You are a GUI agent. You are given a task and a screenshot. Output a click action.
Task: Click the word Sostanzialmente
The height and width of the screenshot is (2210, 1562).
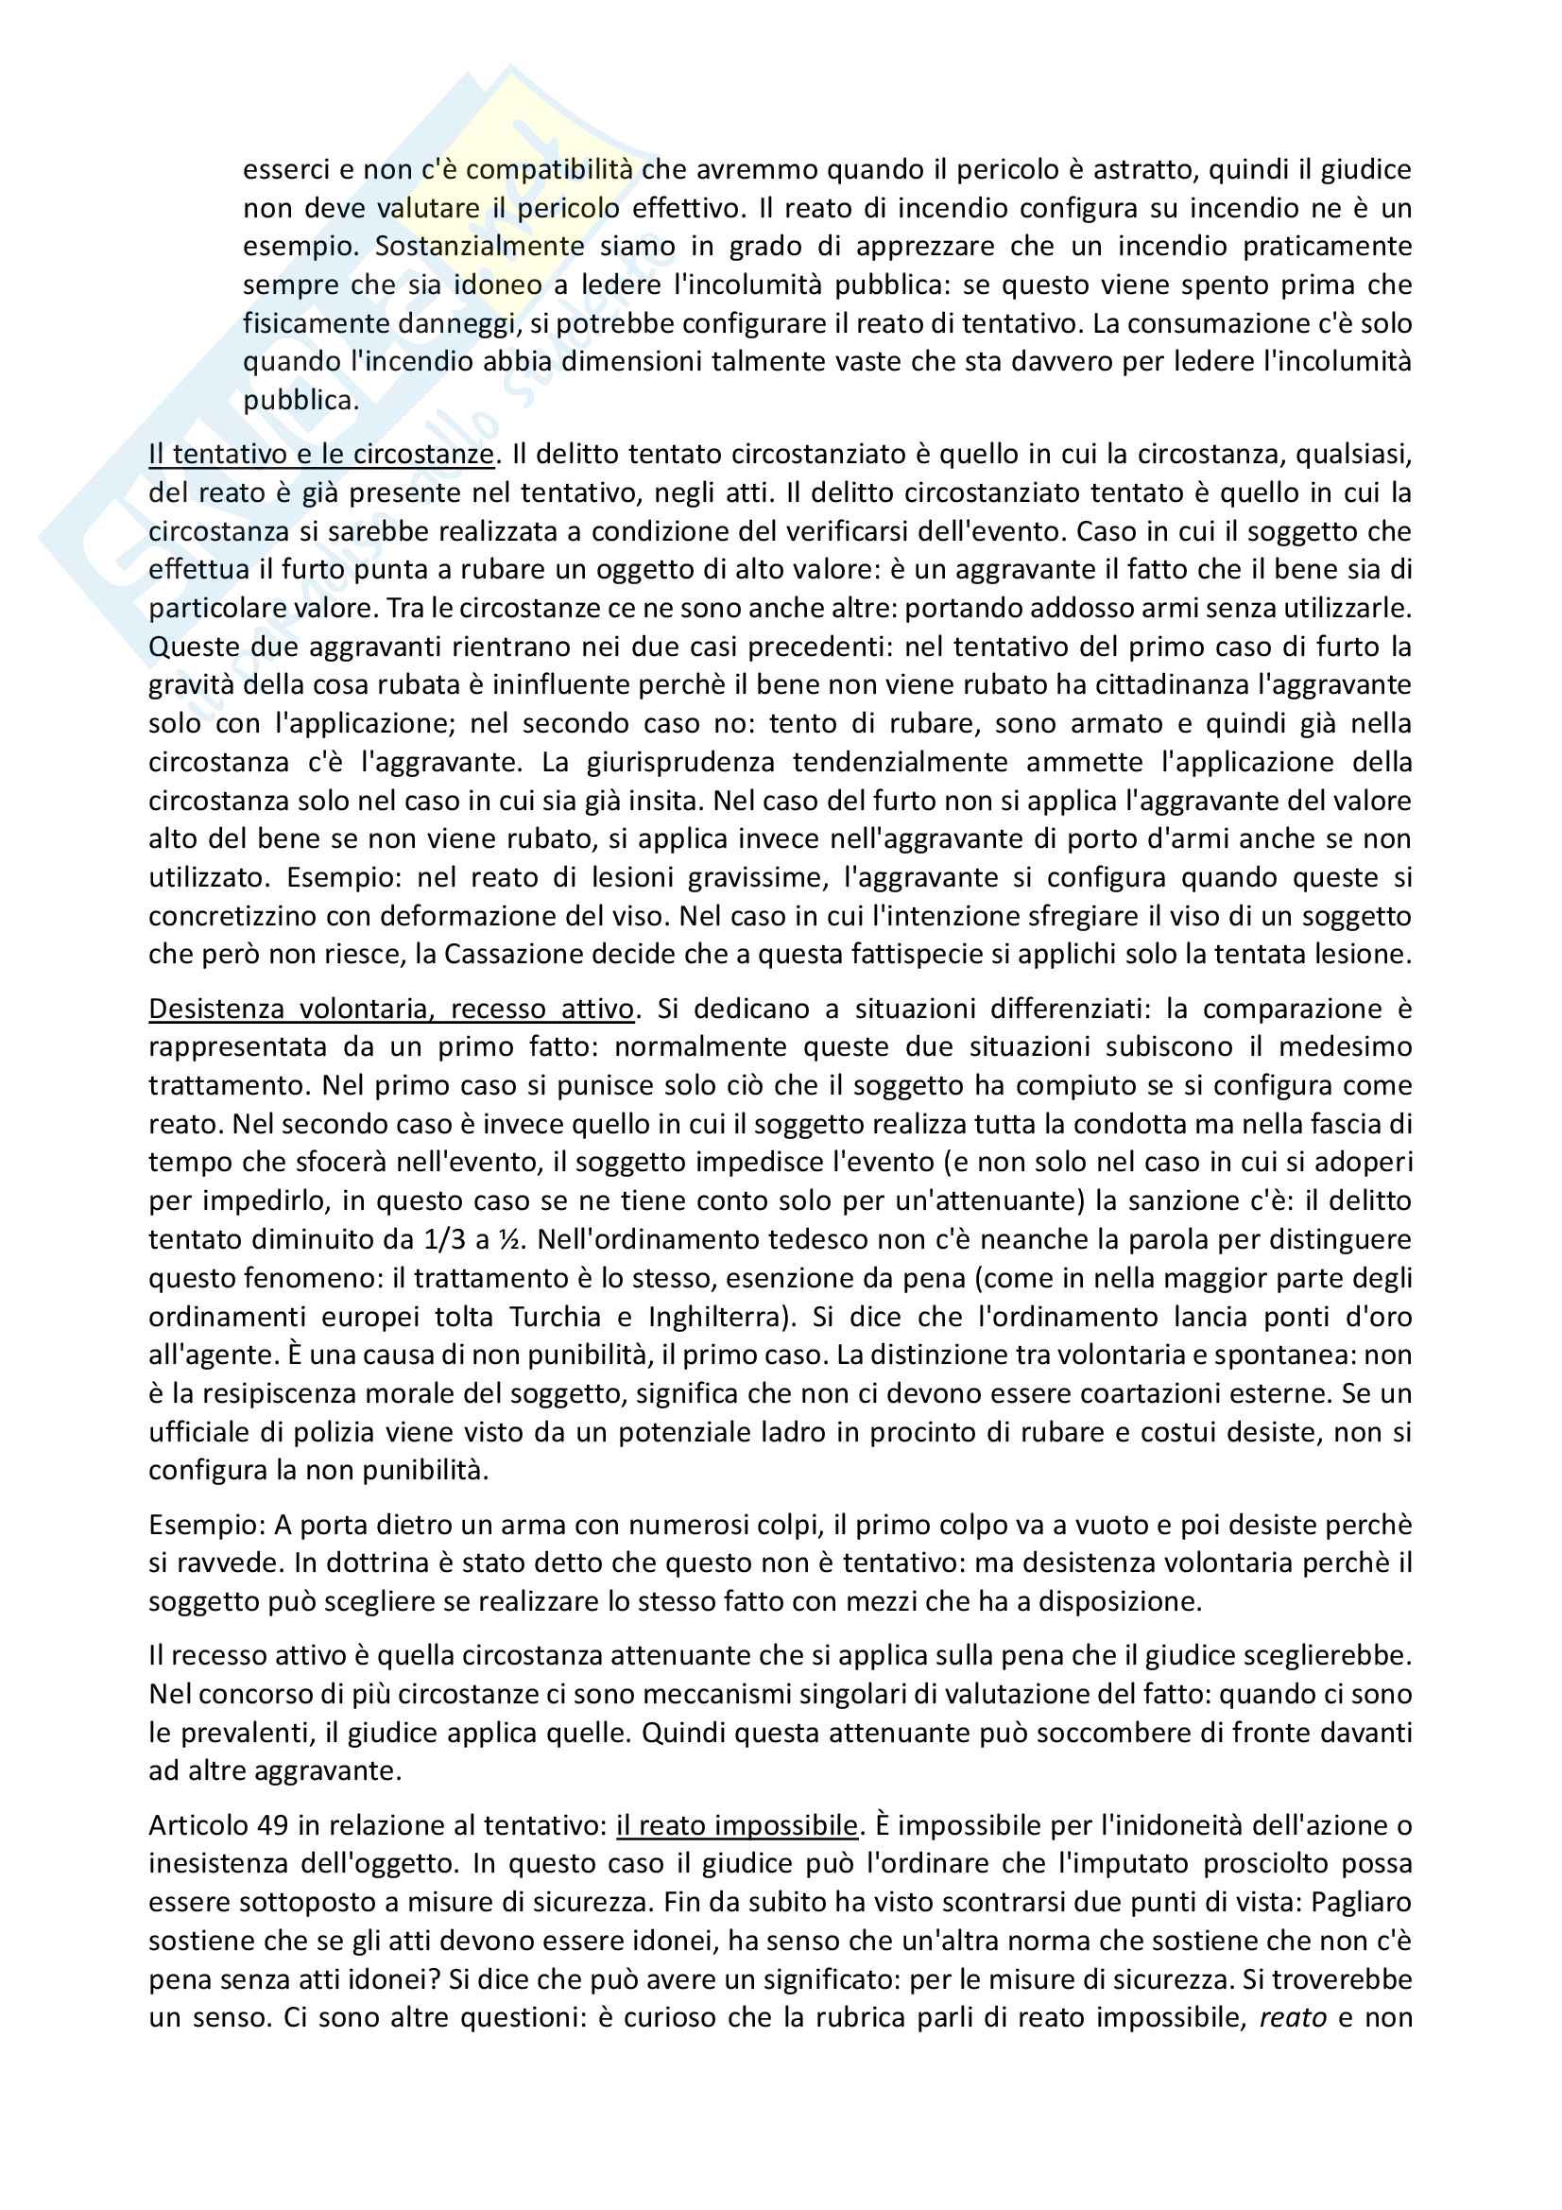479,247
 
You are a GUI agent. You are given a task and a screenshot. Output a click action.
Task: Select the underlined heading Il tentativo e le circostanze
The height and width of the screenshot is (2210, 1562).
321,454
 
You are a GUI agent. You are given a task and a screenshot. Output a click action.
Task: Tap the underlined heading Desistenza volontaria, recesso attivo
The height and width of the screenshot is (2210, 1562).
391,1008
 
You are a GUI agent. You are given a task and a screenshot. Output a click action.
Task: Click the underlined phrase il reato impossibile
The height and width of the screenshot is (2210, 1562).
736,1825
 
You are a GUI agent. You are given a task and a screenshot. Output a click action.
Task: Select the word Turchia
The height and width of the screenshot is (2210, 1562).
557,1316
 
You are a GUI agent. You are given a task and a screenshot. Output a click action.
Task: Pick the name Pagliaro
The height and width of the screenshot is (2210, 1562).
1361,1902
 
